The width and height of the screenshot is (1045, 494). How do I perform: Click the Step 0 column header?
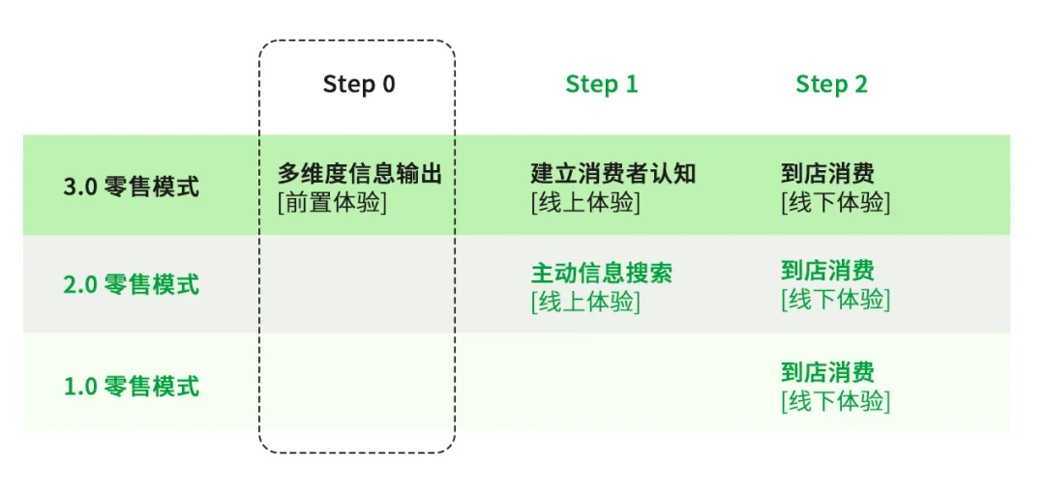pyautogui.click(x=358, y=84)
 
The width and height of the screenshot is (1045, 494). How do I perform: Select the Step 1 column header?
pyautogui.click(x=601, y=84)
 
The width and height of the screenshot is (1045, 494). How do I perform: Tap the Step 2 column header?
pyautogui.click(x=831, y=84)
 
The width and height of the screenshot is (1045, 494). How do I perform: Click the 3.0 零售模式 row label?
pyautogui.click(x=131, y=187)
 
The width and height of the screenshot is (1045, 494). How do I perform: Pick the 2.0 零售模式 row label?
pyautogui.click(x=131, y=285)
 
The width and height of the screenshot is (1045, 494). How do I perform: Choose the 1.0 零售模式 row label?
pyautogui.click(x=131, y=387)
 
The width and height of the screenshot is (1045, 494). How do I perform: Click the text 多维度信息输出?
pyautogui.click(x=359, y=174)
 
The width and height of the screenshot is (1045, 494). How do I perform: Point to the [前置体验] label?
pyautogui.click(x=331, y=203)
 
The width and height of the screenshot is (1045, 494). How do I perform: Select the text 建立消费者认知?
pyautogui.click(x=612, y=174)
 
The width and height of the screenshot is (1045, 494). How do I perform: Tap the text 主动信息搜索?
pyautogui.click(x=601, y=273)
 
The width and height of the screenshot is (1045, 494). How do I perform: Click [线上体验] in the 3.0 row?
pyautogui.click(x=585, y=203)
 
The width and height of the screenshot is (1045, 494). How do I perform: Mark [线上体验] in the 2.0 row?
pyautogui.click(x=585, y=302)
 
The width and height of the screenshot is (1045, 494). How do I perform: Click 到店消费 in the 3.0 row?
pyautogui.click(x=827, y=174)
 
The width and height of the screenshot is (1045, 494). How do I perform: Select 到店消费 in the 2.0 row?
pyautogui.click(x=827, y=271)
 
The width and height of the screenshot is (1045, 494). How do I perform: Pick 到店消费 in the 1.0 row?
pyautogui.click(x=827, y=372)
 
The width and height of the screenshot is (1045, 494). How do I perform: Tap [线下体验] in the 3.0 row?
pyautogui.click(x=835, y=203)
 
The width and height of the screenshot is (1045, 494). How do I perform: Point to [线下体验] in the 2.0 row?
pyautogui.click(x=835, y=300)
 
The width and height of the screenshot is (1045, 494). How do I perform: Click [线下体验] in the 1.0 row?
pyautogui.click(x=835, y=401)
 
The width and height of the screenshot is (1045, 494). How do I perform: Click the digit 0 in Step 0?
pyautogui.click(x=387, y=84)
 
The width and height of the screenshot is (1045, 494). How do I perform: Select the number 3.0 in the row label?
pyautogui.click(x=80, y=187)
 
